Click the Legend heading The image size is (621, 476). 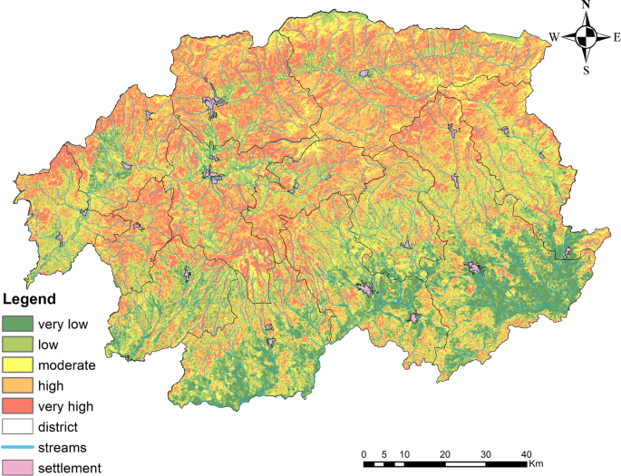coord(30,298)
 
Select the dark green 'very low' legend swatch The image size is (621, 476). coord(17,323)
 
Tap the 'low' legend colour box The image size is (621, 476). coord(17,344)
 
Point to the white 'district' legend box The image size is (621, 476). coord(17,427)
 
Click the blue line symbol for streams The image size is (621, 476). coord(17,447)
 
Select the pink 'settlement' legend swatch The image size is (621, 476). coord(17,468)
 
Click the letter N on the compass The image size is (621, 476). coord(586,5)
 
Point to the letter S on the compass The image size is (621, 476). coord(587,70)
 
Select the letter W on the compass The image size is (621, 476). coord(553,37)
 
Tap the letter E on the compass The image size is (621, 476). coord(616,37)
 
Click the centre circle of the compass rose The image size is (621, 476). coord(587,37)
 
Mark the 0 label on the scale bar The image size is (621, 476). coord(364,454)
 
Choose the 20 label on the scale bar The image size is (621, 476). coord(445,454)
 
